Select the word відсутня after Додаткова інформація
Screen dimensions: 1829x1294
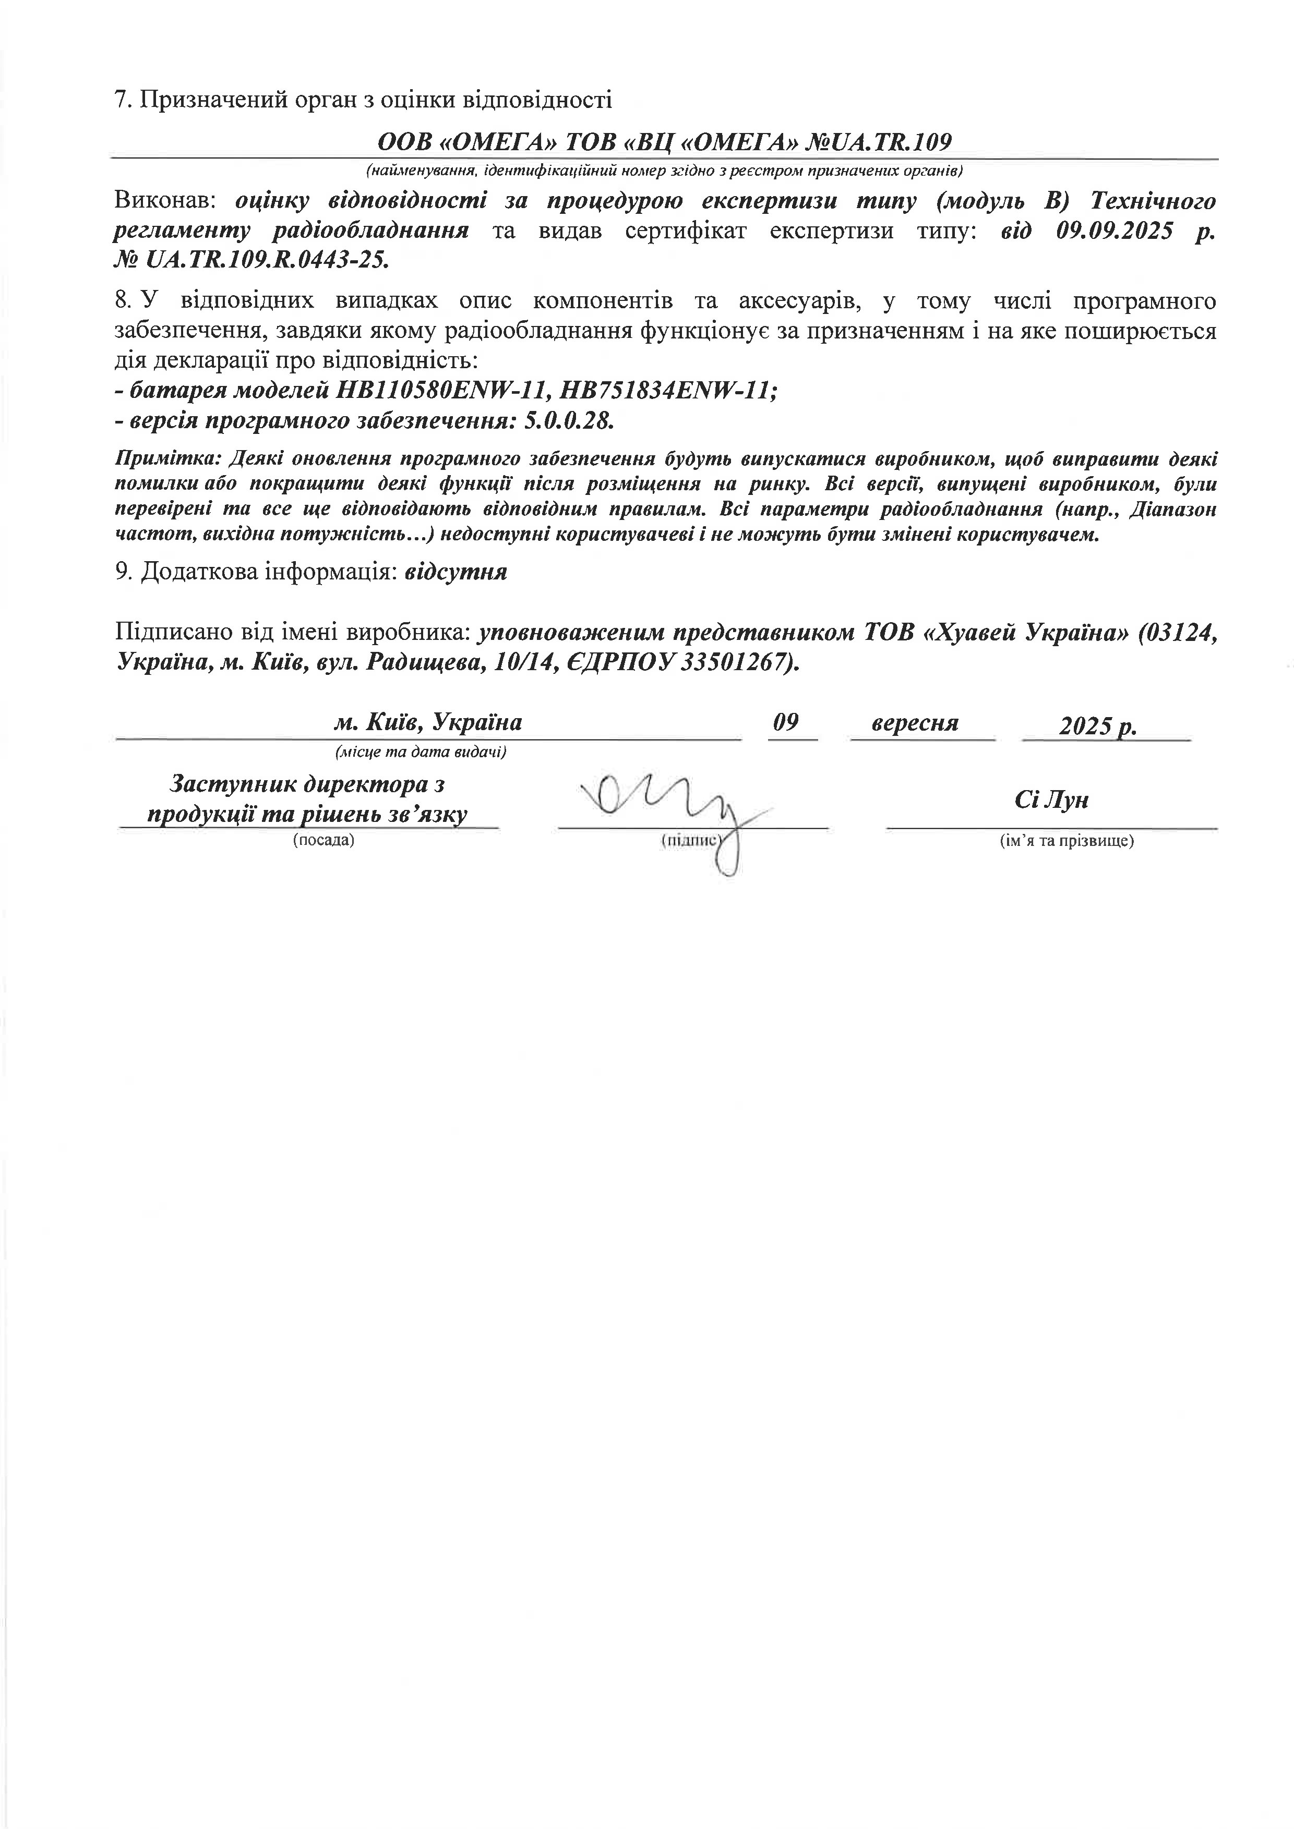[456, 572]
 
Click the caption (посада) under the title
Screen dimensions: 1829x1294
[323, 840]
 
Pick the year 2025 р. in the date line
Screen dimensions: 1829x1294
[1097, 725]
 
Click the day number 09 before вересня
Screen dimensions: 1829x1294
[786, 722]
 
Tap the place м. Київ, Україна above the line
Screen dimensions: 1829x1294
[428, 722]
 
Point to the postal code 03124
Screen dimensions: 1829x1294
[1177, 633]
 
